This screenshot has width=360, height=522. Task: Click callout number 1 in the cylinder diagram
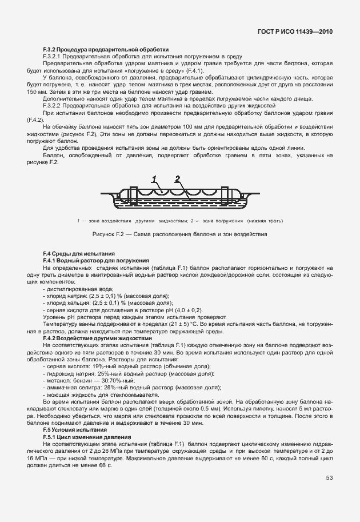[x=154, y=179]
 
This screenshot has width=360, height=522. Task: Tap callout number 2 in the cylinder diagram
[x=178, y=179]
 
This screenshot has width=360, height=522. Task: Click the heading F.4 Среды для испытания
[x=79, y=253]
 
